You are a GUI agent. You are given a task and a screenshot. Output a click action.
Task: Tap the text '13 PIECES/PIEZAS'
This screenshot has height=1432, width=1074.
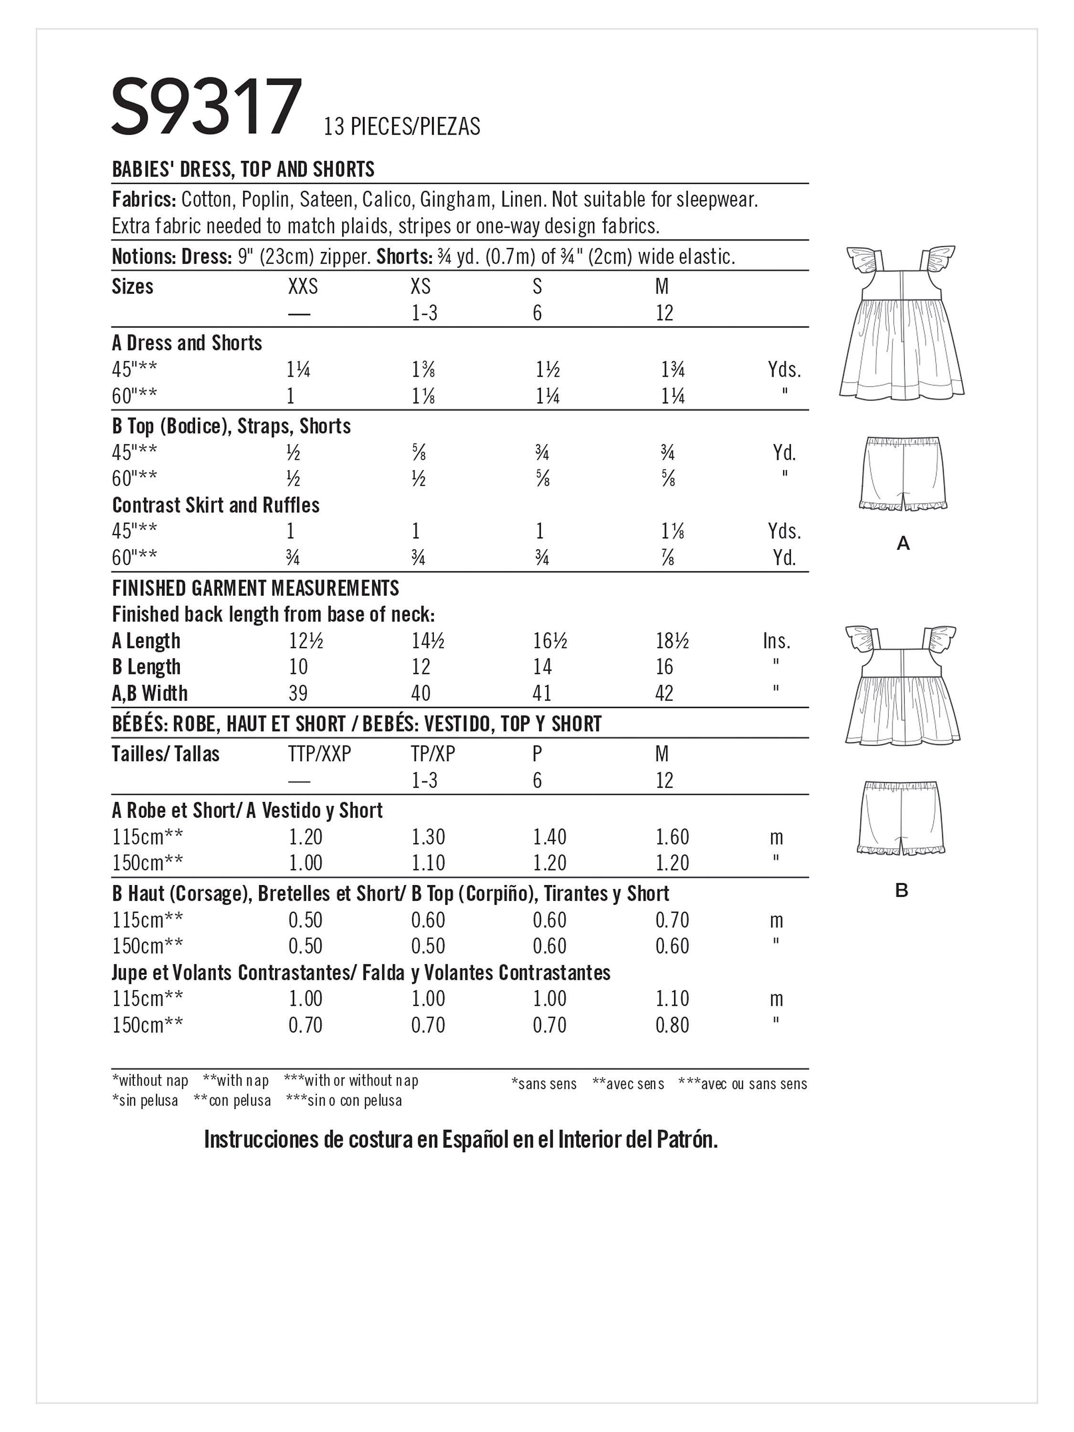coord(401,126)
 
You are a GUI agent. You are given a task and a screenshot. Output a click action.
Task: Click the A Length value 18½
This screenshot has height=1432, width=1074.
coord(672,641)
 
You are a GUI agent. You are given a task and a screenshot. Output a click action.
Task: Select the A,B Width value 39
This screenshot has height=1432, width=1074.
coord(298,694)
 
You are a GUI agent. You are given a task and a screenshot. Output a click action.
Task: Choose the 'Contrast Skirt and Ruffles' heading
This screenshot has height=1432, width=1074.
coord(216,505)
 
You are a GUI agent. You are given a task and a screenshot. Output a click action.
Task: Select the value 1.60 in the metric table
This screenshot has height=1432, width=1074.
coord(672,837)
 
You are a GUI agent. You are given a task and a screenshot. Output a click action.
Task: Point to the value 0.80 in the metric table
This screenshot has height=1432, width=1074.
coord(672,1025)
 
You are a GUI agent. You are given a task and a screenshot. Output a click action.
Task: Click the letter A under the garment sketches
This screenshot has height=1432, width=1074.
coord(903,544)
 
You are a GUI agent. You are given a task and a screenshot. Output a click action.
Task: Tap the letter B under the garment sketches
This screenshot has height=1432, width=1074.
coord(901,891)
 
